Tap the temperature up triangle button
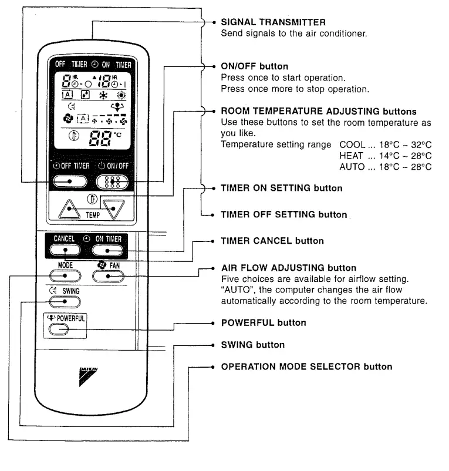pos(69,208)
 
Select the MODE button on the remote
pos(65,276)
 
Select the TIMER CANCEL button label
pos(272,241)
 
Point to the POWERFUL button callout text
pos(263,323)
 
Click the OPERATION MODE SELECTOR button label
pos(306,366)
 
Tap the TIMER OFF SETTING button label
pos(283,214)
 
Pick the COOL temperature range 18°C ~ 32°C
pos(386,144)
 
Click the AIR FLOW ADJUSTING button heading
pos(288,268)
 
